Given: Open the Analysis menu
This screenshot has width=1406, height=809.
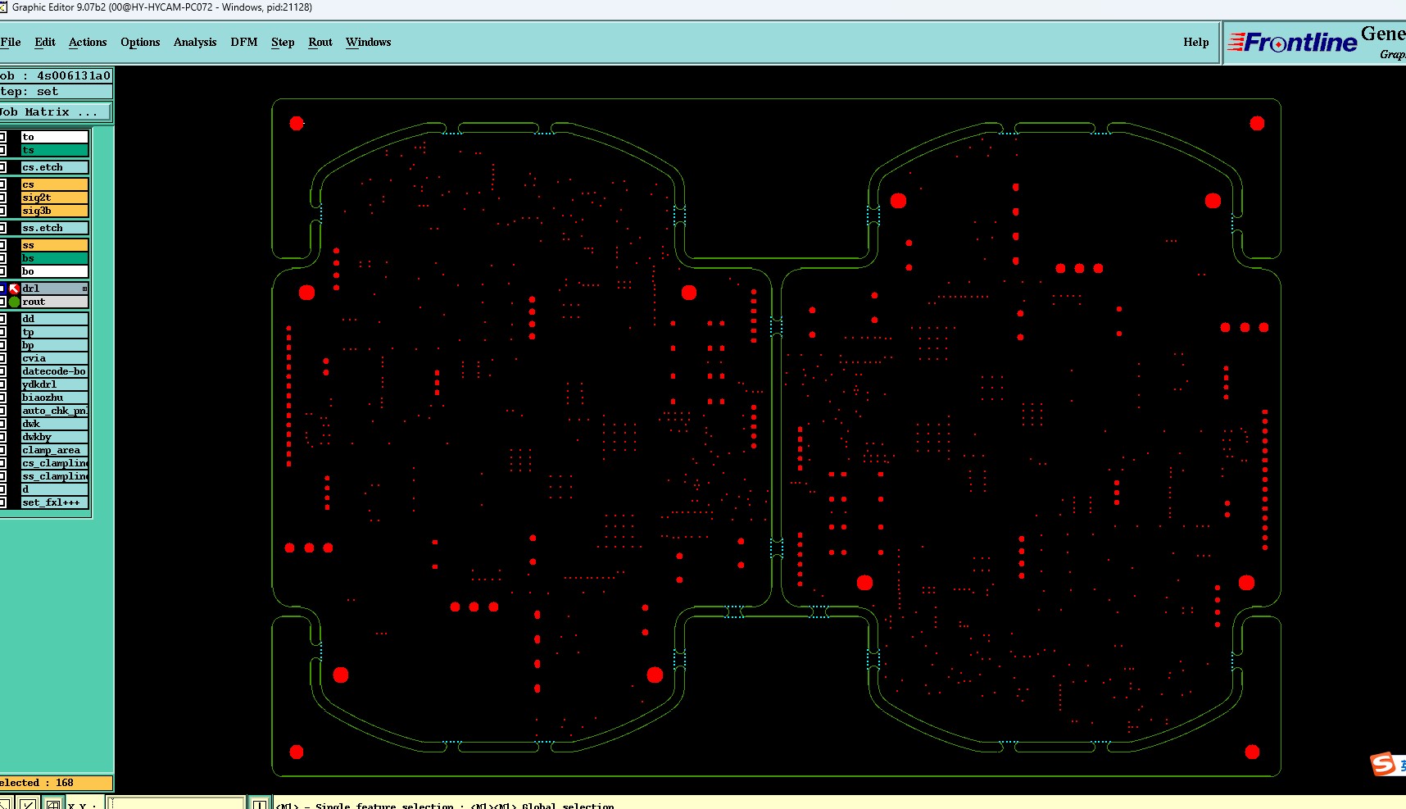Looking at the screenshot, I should [195, 42].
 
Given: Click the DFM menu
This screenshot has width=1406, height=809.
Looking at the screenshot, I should [244, 42].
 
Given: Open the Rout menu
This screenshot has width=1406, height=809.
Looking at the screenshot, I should [320, 42].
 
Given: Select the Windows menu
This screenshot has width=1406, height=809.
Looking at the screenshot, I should [368, 42].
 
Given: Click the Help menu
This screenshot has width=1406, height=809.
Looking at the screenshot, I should [1195, 42].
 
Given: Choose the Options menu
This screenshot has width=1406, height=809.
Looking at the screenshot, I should [140, 42].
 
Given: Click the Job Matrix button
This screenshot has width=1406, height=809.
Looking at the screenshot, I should [54, 111].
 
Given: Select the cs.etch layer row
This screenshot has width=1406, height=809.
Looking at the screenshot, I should [54, 167].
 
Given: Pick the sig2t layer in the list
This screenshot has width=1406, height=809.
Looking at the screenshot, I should [54, 198].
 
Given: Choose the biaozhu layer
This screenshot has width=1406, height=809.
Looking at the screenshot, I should [54, 398].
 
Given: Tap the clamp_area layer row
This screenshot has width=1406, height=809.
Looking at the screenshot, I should [54, 450].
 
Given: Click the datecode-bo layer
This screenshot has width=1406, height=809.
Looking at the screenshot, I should [54, 371].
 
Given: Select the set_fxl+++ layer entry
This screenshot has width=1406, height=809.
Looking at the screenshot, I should [54, 502].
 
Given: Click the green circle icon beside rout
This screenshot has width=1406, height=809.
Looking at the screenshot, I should [14, 302].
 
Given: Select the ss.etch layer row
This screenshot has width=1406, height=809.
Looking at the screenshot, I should [54, 228].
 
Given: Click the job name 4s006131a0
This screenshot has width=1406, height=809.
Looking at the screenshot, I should [73, 75].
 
